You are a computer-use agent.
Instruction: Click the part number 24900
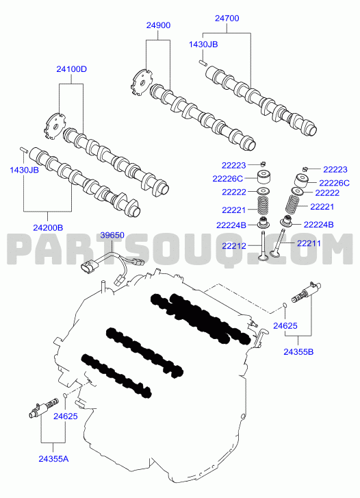click(158, 25)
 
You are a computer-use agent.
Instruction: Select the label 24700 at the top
click(227, 18)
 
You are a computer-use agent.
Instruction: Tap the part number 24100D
click(71, 69)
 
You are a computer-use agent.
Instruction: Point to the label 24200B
click(48, 227)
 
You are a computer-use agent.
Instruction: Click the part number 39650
click(112, 236)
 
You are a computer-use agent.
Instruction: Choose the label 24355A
click(53, 459)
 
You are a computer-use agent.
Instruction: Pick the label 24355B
click(298, 351)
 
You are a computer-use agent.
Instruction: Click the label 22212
click(234, 245)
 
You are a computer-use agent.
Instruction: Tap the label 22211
click(309, 243)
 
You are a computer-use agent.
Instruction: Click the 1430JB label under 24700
click(203, 44)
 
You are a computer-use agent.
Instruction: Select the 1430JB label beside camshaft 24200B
click(24, 170)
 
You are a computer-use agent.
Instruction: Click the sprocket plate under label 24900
click(141, 83)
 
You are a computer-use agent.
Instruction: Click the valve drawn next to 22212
click(263, 245)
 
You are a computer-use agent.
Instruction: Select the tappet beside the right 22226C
click(302, 180)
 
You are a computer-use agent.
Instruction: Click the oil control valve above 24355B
click(306, 292)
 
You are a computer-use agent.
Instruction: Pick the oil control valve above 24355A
click(43, 408)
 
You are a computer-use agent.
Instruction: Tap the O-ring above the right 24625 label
click(285, 306)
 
